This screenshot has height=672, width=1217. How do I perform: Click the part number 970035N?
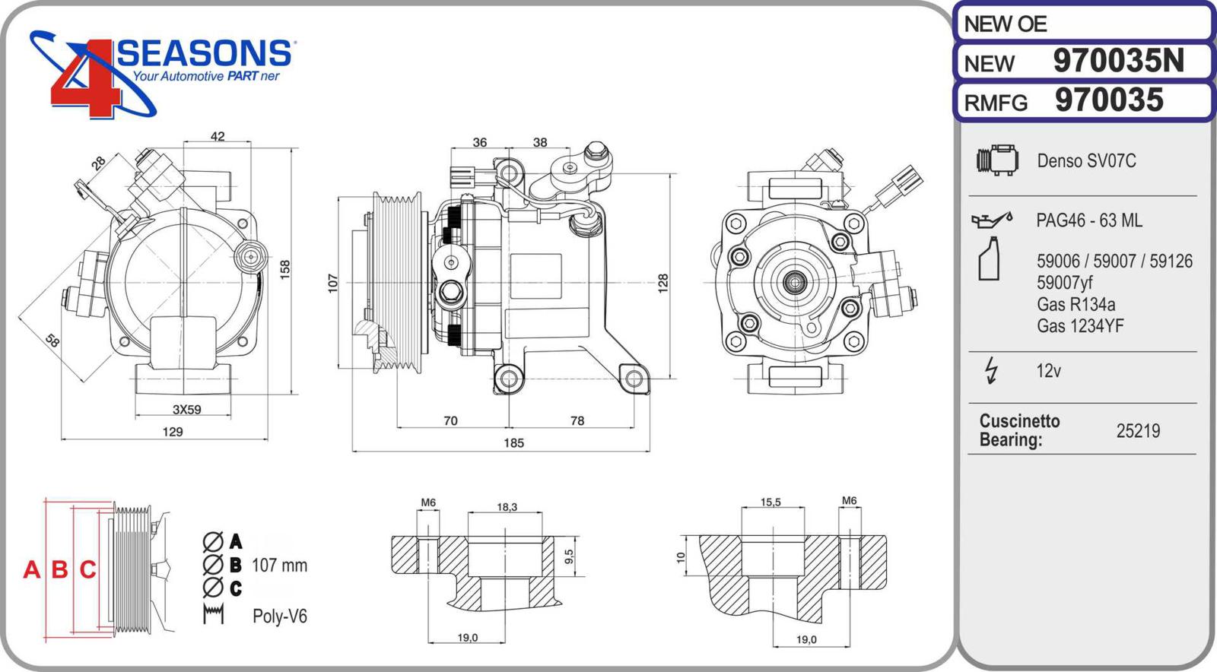pyautogui.click(x=1118, y=61)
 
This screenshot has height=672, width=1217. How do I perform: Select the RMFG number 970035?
pyautogui.click(x=1109, y=100)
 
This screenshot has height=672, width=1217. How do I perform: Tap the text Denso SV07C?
pyautogui.click(x=1086, y=161)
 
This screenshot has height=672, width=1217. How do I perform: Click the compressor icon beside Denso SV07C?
pyautogui.click(x=997, y=160)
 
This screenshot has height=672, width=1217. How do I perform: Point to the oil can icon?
pyautogui.click(x=992, y=220)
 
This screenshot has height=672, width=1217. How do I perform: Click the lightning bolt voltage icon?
pyautogui.click(x=991, y=370)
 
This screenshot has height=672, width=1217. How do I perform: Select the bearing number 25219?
pyautogui.click(x=1138, y=431)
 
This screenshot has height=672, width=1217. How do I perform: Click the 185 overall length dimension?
pyautogui.click(x=513, y=443)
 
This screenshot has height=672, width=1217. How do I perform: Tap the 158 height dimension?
pyautogui.click(x=285, y=268)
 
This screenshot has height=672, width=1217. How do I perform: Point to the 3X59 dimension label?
pyautogui.click(x=186, y=410)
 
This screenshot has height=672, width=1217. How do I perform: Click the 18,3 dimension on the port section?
pyautogui.click(x=507, y=507)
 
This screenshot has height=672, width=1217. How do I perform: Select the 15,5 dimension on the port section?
pyautogui.click(x=771, y=502)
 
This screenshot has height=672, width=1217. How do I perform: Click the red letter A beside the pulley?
pyautogui.click(x=31, y=569)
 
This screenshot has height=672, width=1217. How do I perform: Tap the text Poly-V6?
pyautogui.click(x=280, y=617)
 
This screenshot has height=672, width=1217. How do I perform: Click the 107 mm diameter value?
pyautogui.click(x=279, y=566)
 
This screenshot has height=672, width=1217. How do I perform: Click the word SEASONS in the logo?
pyautogui.click(x=204, y=53)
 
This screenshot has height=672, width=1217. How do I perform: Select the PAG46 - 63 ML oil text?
pyautogui.click(x=1088, y=220)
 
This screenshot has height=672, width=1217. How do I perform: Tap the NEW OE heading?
pyautogui.click(x=1006, y=24)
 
